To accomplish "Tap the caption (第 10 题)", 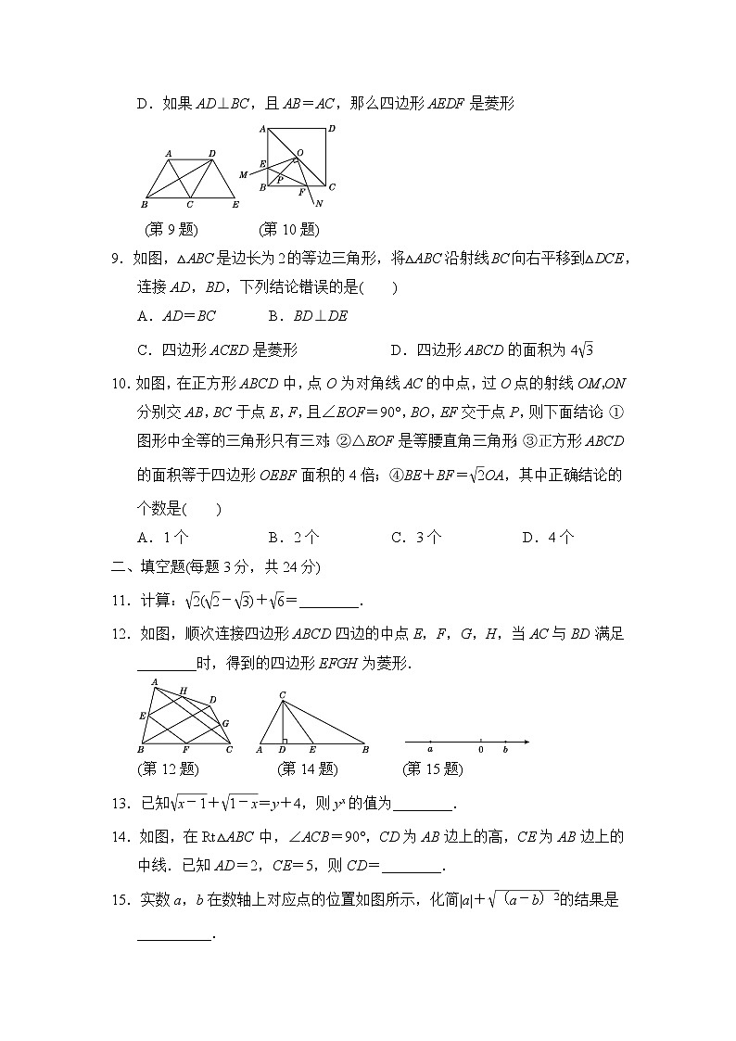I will [288, 229].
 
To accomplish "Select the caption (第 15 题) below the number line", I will [432, 768].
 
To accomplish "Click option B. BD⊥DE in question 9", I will [308, 315].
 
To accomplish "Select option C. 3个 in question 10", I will [416, 537].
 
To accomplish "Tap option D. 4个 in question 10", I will [548, 537].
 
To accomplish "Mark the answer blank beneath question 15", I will [174, 936].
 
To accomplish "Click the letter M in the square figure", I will [243, 174].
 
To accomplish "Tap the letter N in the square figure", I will [319, 203].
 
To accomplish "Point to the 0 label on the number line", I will [480, 749].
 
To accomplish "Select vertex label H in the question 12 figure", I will [183, 691].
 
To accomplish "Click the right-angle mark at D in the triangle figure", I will [283, 739].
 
